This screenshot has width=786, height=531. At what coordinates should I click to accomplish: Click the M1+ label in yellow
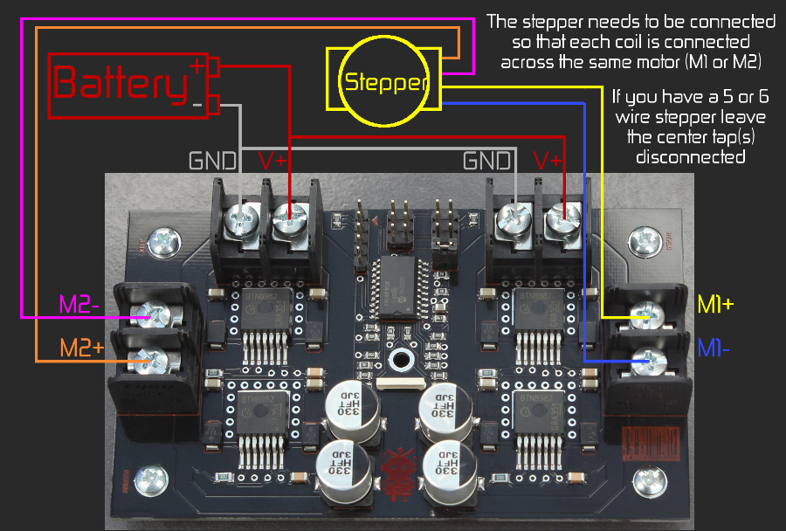(x=715, y=305)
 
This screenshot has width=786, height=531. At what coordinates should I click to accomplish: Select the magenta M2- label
(x=81, y=304)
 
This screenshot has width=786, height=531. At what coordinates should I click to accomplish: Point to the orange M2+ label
(x=81, y=348)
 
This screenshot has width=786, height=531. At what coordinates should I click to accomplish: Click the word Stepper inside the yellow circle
(x=387, y=83)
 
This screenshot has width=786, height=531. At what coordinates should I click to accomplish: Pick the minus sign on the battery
(x=196, y=105)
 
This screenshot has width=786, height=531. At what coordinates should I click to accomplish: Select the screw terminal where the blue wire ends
(x=647, y=358)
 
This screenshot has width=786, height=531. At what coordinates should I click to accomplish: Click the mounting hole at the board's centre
(x=402, y=358)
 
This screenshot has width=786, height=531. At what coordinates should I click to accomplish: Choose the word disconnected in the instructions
(x=690, y=157)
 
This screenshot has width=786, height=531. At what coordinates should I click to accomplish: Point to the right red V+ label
(x=548, y=161)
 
